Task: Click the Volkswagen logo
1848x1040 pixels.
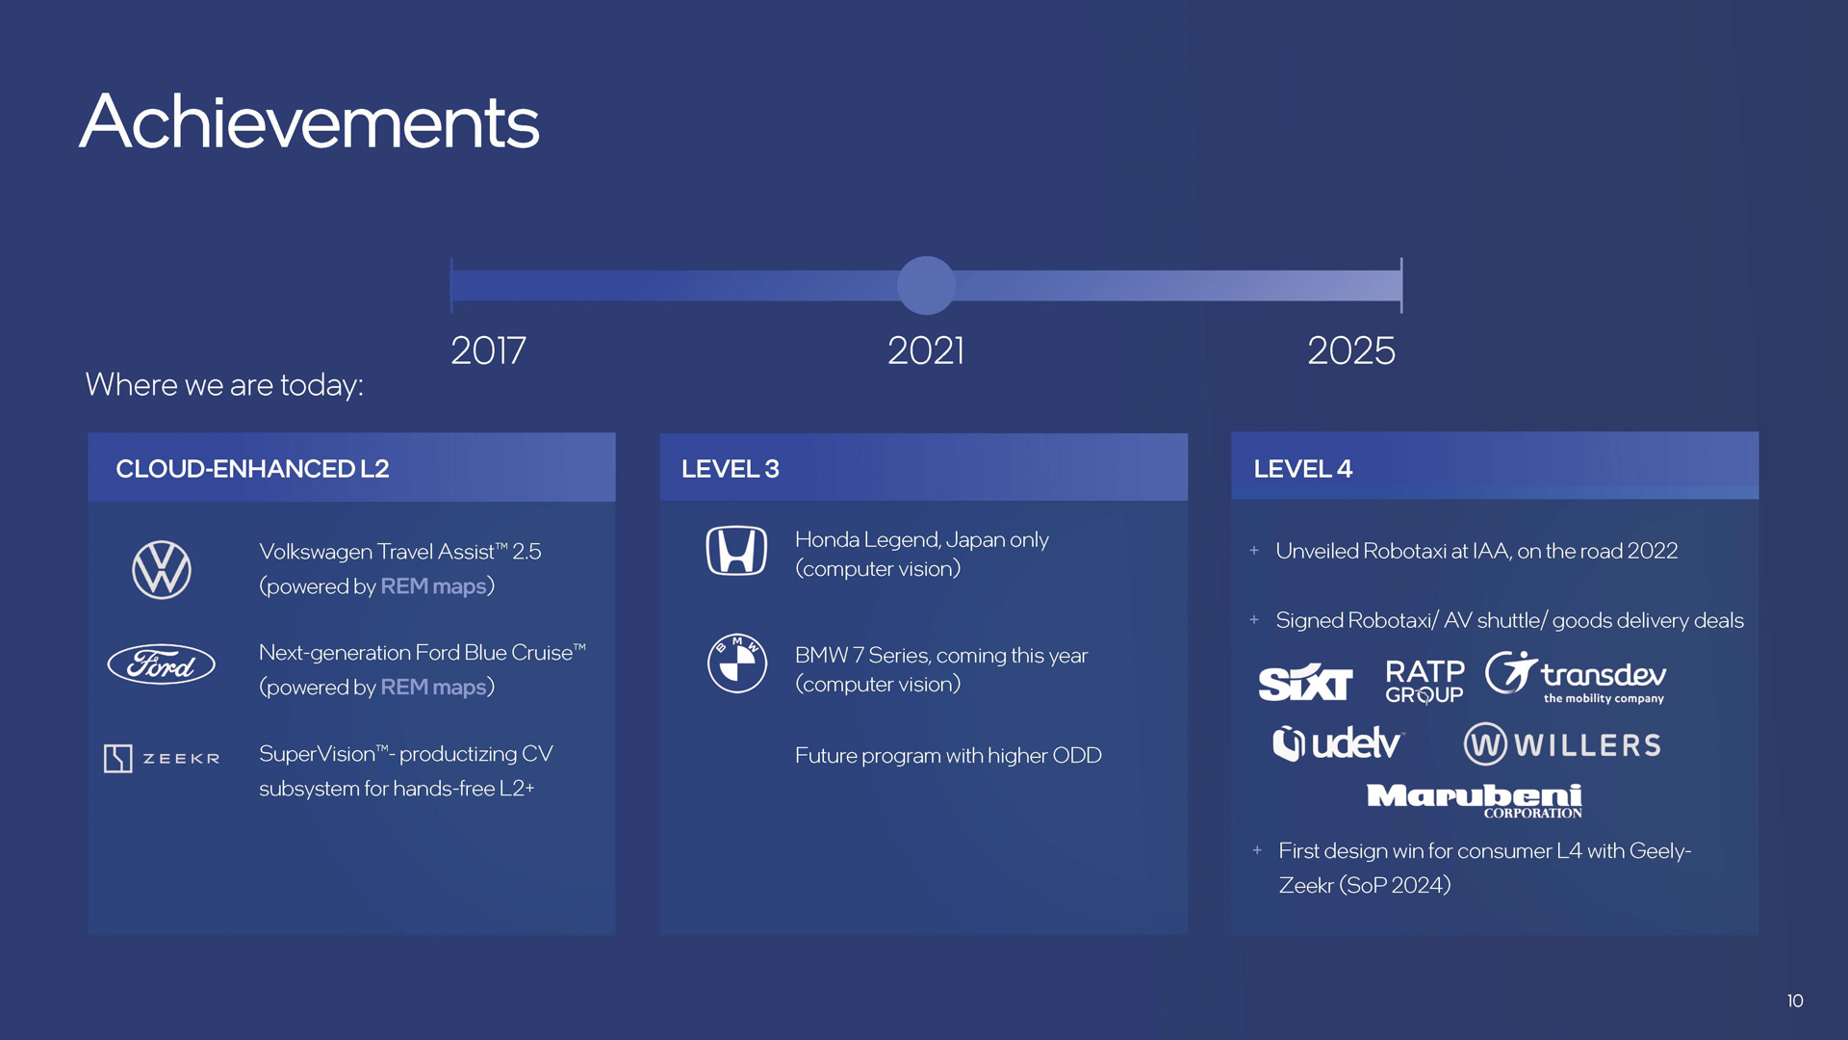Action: click(x=161, y=569)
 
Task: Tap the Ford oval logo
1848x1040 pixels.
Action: click(x=161, y=664)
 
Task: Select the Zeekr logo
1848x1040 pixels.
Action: click(x=162, y=759)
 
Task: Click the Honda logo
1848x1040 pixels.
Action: click(x=736, y=551)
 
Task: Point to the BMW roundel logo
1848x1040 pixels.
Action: click(x=736, y=663)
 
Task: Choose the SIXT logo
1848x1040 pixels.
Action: click(x=1305, y=682)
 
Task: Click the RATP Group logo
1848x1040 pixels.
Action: click(x=1424, y=682)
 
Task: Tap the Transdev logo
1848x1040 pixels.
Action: click(x=1576, y=678)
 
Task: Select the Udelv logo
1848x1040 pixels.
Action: click(x=1338, y=743)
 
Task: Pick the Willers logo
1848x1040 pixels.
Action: click(x=1562, y=744)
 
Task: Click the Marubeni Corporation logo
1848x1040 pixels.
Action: click(x=1475, y=800)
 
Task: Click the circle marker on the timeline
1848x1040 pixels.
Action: click(x=926, y=285)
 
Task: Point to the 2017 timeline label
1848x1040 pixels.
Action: click(x=488, y=351)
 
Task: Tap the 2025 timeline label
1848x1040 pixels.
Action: click(x=1351, y=351)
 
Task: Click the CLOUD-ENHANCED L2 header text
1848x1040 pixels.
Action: click(x=252, y=469)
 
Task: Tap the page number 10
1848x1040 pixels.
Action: click(x=1795, y=1001)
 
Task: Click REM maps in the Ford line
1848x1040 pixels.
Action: click(x=433, y=687)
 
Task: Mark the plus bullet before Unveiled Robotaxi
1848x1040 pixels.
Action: click(x=1254, y=551)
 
